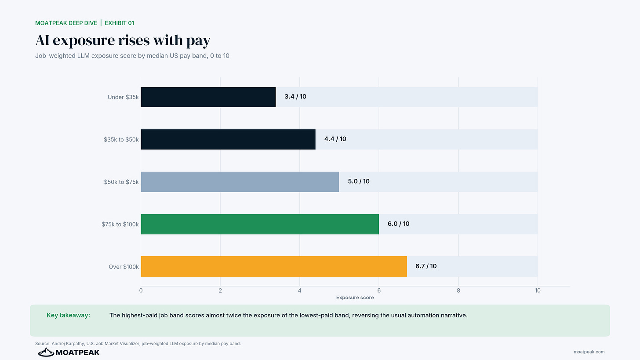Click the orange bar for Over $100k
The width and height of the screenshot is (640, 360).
274,266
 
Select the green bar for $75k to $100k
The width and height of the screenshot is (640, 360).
260,224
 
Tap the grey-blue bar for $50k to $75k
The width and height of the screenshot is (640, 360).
240,182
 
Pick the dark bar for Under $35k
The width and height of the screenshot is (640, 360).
208,97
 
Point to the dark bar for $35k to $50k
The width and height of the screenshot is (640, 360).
228,139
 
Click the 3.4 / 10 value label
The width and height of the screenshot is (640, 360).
295,97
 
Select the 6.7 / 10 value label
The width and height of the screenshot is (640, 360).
426,266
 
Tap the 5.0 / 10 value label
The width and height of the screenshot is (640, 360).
359,181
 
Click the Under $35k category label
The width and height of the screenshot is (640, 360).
123,97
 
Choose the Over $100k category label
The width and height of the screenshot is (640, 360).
124,266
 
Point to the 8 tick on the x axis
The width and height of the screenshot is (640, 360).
458,291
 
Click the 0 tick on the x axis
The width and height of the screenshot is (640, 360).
141,291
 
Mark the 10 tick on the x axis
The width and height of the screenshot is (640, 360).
538,291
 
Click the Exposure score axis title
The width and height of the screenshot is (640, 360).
355,298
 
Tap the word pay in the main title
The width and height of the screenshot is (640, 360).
199,40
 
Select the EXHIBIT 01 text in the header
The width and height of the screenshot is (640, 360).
120,23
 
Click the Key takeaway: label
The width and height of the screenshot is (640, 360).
68,315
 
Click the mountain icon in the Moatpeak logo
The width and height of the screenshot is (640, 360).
46,352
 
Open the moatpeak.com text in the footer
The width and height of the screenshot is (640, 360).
589,352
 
